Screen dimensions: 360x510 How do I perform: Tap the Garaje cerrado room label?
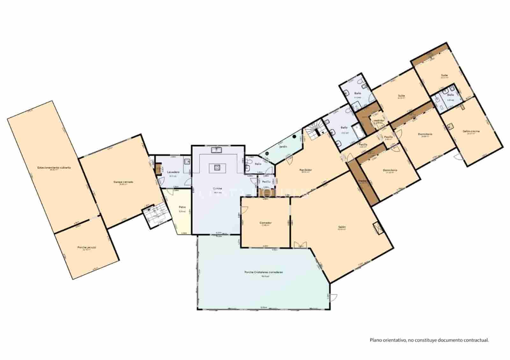[x=123, y=182]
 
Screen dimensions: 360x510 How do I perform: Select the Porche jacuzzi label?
[x=86, y=247]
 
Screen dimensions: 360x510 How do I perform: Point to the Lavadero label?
[x=173, y=172]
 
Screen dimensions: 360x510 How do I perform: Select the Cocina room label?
[x=218, y=189]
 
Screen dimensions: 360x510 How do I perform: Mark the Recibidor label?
[x=305, y=170]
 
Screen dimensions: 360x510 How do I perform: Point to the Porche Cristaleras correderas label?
[x=264, y=272]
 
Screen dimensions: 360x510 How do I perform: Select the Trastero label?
[x=363, y=181]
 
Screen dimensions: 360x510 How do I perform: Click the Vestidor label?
[x=379, y=121]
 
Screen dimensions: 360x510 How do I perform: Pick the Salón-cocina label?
[x=471, y=131]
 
